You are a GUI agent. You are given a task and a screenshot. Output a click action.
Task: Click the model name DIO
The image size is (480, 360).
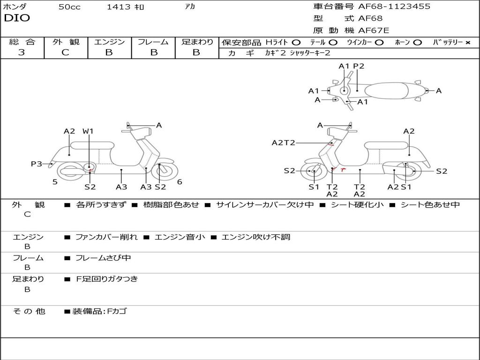[17, 18]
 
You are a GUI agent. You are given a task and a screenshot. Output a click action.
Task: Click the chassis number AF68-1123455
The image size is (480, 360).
[394, 7]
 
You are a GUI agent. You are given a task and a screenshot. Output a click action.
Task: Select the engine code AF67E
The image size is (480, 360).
[374, 30]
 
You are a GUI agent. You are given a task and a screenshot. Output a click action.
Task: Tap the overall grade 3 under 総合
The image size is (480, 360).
[22, 52]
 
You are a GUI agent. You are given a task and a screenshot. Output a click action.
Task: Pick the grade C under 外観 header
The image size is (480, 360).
[66, 52]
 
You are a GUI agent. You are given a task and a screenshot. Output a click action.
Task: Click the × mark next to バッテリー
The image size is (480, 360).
[468, 43]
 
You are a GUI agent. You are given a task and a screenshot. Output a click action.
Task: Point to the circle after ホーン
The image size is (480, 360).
[417, 43]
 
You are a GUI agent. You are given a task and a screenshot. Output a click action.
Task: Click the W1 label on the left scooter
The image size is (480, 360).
[88, 131]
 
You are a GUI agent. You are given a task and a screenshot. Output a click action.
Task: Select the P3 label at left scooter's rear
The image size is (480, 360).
[37, 164]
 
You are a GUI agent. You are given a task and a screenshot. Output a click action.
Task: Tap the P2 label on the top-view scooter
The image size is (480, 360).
[359, 66]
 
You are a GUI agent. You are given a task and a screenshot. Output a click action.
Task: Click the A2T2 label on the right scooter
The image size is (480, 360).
[284, 142]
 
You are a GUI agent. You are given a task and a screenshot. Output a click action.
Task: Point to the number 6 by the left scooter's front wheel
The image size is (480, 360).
[180, 182]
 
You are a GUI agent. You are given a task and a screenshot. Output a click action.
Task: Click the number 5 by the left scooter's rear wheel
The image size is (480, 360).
[55, 182]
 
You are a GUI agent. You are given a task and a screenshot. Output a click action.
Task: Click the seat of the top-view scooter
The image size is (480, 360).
[386, 91]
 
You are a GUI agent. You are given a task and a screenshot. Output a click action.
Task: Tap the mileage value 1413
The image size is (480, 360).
[119, 7]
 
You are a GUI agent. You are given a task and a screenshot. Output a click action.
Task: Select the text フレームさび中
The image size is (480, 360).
[103, 258]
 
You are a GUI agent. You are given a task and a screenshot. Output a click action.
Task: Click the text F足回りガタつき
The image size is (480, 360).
[107, 279]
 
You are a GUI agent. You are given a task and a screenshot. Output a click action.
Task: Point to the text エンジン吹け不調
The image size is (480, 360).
[255, 237]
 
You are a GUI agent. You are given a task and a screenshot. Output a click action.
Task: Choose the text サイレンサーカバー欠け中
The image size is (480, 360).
[265, 204]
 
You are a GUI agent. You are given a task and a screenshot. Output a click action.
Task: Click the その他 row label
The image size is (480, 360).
[29, 311]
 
